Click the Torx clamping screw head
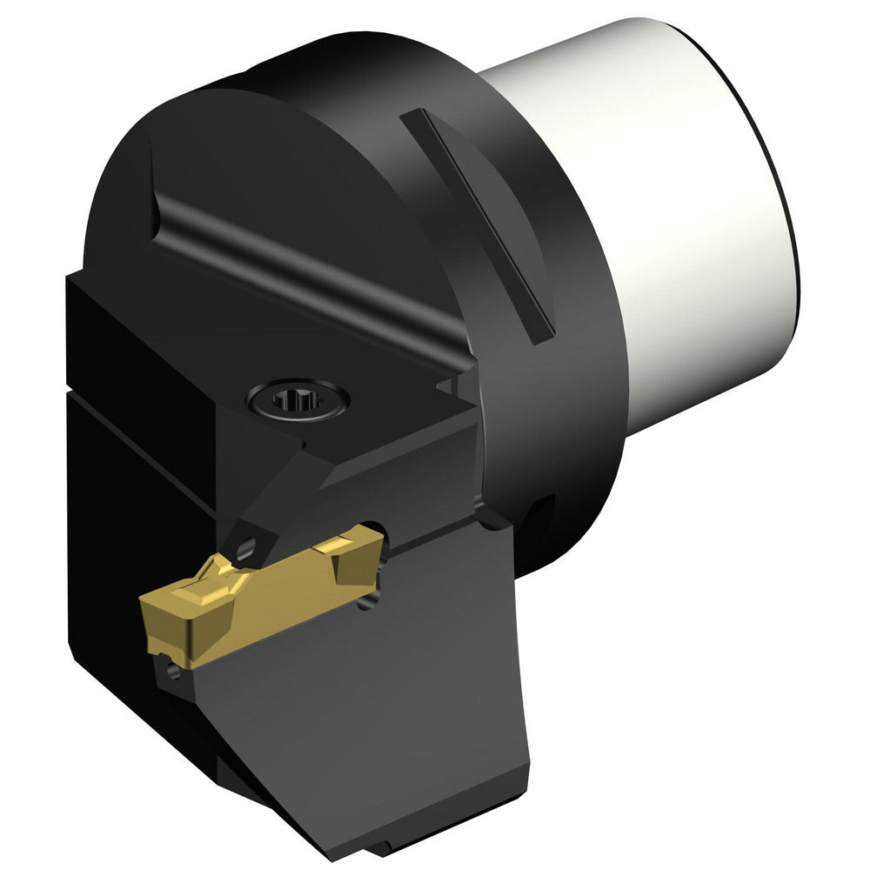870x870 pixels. click(x=298, y=401)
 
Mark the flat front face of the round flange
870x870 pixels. click(x=287, y=174)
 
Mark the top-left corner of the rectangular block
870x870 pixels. click(x=70, y=276)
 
